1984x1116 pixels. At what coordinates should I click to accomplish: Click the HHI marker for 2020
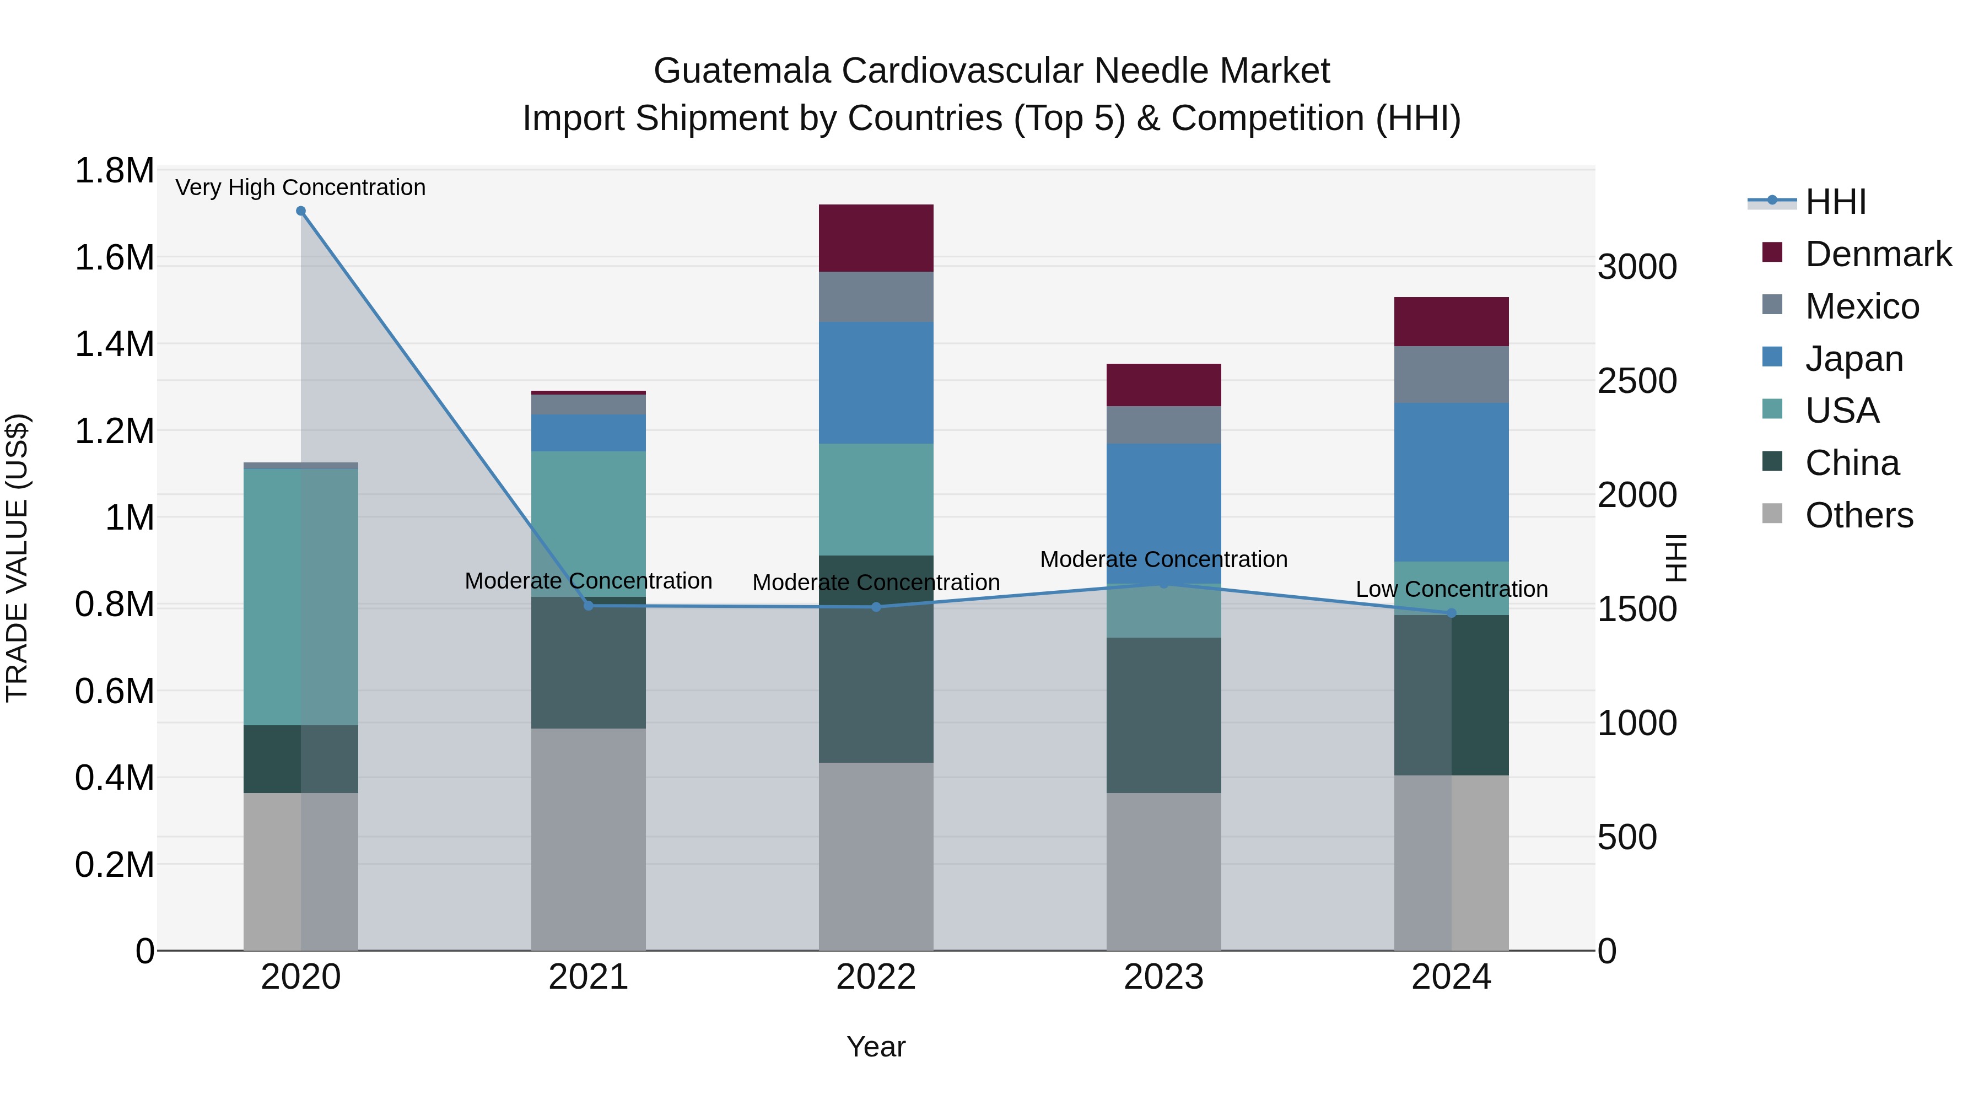pyautogui.click(x=301, y=211)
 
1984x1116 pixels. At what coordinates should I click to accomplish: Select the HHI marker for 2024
pyautogui.click(x=1451, y=613)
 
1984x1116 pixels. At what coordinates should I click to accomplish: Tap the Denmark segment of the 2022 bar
pyautogui.click(x=876, y=238)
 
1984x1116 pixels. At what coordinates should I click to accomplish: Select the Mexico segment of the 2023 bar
pyautogui.click(x=1164, y=424)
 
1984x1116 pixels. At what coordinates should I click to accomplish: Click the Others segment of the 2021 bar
pyautogui.click(x=589, y=839)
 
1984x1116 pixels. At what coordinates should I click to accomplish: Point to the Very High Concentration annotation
pyautogui.click(x=300, y=187)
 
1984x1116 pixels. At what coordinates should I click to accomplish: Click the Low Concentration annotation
pyautogui.click(x=1451, y=589)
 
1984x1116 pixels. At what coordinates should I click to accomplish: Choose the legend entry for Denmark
pyautogui.click(x=1878, y=254)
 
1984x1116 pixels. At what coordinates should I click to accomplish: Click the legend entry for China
pyautogui.click(x=1852, y=463)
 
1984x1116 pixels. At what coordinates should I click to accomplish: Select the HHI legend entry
pyautogui.click(x=1835, y=202)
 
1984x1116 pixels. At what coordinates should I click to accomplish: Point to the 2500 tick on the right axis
pyautogui.click(x=1637, y=380)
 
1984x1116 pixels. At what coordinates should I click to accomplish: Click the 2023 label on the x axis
pyautogui.click(x=1164, y=977)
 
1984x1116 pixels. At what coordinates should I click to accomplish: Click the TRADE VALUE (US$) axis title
pyautogui.click(x=17, y=558)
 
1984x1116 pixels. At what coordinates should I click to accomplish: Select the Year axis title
pyautogui.click(x=876, y=1047)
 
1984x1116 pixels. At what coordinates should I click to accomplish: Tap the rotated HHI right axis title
pyautogui.click(x=1676, y=558)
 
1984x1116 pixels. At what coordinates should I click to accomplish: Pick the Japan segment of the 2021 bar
pyautogui.click(x=589, y=433)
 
